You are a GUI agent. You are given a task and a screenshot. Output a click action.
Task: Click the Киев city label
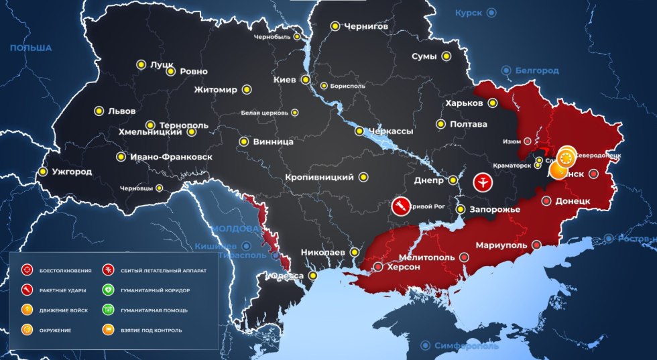(x=285, y=80)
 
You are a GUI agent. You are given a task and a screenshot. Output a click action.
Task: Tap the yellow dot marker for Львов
(x=99, y=111)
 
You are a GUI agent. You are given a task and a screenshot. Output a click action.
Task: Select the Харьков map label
(x=463, y=103)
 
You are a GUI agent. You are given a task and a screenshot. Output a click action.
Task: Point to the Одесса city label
(x=286, y=276)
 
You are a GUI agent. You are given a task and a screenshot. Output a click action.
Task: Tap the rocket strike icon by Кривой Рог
(x=401, y=206)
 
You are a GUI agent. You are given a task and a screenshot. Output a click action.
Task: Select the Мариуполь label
(x=501, y=245)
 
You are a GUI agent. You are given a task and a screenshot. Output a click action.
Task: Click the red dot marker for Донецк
(x=546, y=200)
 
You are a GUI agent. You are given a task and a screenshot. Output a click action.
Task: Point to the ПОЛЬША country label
(x=31, y=48)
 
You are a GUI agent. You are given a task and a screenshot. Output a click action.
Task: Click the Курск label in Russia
(x=469, y=13)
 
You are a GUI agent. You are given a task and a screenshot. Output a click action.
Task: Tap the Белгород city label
(x=537, y=70)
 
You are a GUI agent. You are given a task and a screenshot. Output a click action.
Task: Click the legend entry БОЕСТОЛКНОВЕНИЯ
(x=65, y=271)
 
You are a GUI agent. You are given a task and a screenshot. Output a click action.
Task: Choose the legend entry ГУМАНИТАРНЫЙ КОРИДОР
(x=155, y=290)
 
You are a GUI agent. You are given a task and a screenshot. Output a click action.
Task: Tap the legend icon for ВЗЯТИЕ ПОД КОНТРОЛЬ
(x=107, y=330)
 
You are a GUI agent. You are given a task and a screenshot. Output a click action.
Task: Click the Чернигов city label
(x=366, y=26)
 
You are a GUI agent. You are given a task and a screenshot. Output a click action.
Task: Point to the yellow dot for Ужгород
(x=43, y=172)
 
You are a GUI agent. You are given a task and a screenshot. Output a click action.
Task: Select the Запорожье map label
(x=495, y=210)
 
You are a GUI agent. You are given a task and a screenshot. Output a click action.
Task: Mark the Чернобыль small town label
(x=272, y=37)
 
